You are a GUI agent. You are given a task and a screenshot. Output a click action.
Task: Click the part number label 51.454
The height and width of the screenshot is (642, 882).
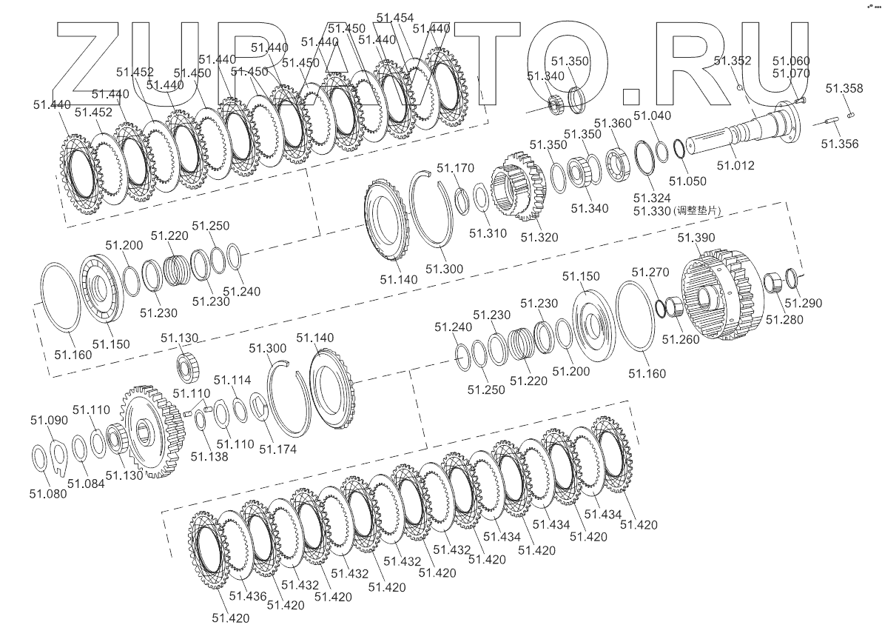pyautogui.click(x=395, y=18)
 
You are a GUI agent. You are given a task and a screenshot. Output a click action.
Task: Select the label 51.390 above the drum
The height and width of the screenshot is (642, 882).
pyautogui.click(x=696, y=238)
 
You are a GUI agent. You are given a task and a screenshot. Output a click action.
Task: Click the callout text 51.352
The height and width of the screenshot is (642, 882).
pyautogui.click(x=733, y=61)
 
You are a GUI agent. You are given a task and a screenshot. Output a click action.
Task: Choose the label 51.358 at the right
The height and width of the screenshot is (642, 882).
pyautogui.click(x=844, y=88)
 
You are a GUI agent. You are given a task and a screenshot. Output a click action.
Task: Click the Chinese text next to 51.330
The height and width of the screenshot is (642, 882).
pyautogui.click(x=697, y=210)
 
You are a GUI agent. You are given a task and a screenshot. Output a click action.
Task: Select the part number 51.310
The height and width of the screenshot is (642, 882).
pyautogui.click(x=488, y=233)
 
